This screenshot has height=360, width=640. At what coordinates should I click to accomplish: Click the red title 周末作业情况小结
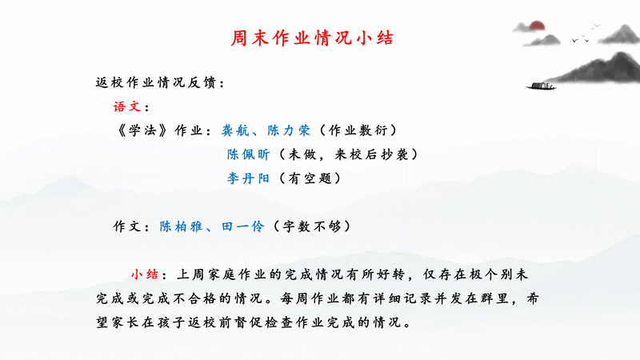coord(312,38)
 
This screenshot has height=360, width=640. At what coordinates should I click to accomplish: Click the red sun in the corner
coord(537,26)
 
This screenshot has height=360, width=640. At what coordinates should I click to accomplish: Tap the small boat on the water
coord(542,86)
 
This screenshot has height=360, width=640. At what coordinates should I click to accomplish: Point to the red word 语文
coord(127,107)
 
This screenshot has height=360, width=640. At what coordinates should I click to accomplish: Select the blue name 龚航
coord(235,130)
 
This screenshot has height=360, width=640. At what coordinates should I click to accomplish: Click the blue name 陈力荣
coord(289,130)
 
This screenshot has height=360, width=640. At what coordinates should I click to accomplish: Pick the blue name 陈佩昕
coord(248,154)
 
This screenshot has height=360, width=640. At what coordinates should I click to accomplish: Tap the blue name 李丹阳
coord(248,178)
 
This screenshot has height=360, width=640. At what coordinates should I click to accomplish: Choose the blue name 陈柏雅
coord(181,226)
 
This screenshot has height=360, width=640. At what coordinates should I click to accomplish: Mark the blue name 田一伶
coord(243,226)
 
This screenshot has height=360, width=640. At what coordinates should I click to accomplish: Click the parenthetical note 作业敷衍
coord(358,130)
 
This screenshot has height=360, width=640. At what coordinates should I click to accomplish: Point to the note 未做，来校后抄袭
coord(348,154)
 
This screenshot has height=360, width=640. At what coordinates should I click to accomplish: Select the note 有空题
coord(310,178)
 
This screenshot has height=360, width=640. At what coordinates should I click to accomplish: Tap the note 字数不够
coord(312,226)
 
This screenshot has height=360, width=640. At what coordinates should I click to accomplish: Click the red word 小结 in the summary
coord(145,274)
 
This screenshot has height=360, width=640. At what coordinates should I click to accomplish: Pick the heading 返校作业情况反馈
coord(155,83)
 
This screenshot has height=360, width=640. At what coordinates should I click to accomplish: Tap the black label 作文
coord(127,226)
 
